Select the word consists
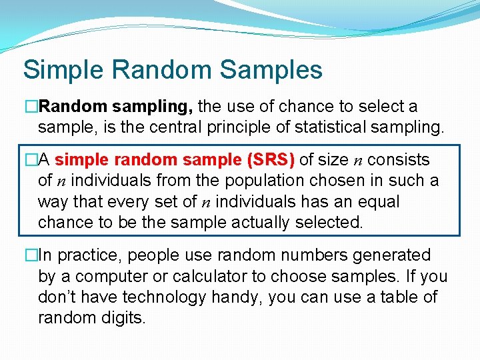[x=399, y=160]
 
